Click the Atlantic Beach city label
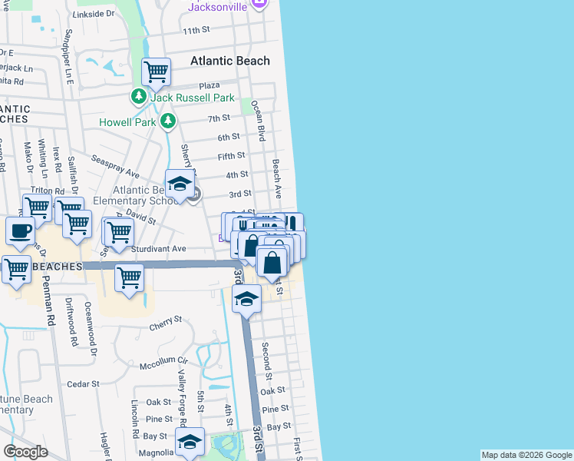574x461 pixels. tap(229, 61)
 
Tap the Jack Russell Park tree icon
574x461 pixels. tap(139, 98)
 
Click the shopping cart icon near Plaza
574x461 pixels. tap(156, 72)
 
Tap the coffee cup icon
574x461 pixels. tap(20, 230)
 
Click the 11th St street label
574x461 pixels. tap(196, 30)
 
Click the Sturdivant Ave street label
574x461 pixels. tap(159, 249)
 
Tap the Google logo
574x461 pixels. tap(25, 452)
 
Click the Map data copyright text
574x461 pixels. tap(526, 455)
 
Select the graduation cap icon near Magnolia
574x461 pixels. tap(190, 441)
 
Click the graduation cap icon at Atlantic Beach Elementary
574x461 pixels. tap(180, 184)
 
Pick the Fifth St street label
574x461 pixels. tap(231, 156)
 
